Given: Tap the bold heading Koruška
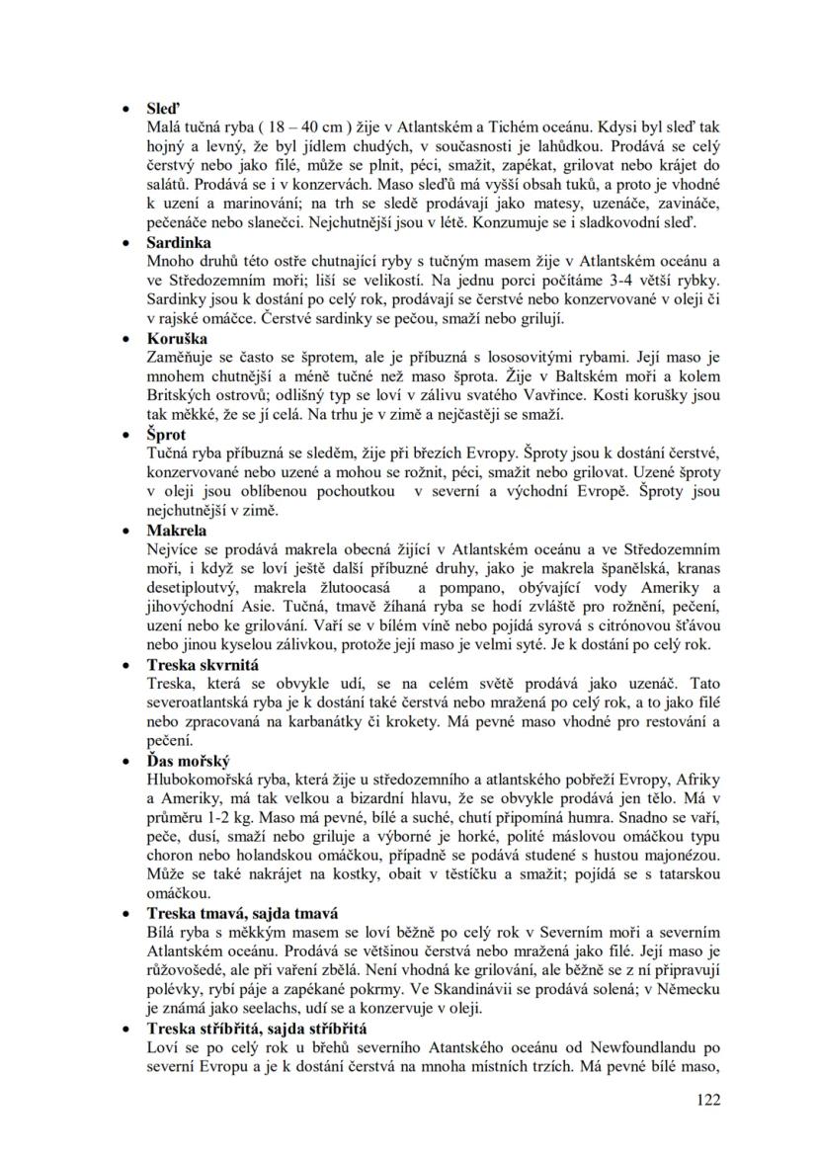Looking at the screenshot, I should click(x=176, y=339).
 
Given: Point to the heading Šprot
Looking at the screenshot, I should click(x=166, y=435).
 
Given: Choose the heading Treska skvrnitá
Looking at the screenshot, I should click(x=202, y=665).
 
